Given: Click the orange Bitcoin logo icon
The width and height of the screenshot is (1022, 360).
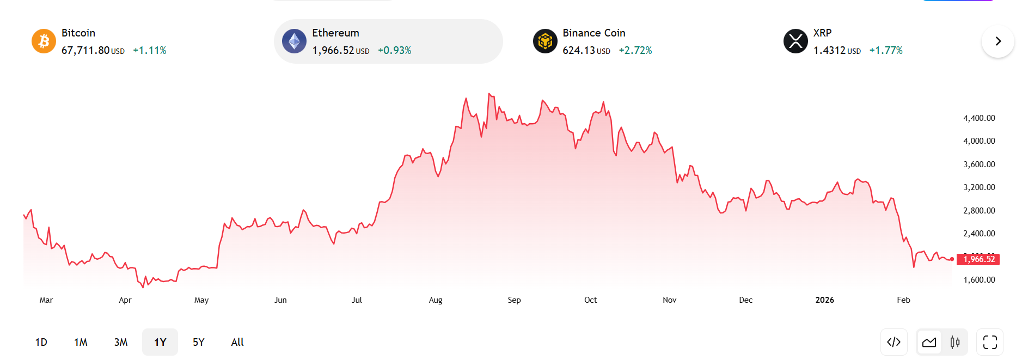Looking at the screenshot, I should coord(44,41).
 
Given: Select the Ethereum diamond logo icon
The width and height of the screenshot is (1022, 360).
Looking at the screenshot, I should coord(294,41).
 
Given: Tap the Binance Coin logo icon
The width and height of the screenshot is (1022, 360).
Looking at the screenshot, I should coord(545,41).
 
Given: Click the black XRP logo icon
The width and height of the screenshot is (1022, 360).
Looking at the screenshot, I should coord(795,41).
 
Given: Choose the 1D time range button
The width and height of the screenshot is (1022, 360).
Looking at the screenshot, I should coord(41,342).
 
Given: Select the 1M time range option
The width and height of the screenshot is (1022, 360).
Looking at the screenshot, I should coord(81,342).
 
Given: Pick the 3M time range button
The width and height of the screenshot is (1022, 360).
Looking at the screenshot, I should coord(121,342).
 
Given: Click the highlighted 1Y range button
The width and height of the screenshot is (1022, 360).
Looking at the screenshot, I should coord(160,342).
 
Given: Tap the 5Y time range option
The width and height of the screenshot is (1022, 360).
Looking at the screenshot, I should coord(199,342).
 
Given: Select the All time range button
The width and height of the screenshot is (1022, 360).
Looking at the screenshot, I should coord(237,342).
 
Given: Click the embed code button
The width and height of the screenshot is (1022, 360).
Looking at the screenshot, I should coord(894,342).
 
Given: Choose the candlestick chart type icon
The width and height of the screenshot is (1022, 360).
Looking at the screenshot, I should coord(955,342).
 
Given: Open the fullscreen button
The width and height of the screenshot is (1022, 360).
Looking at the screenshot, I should coord(990,342).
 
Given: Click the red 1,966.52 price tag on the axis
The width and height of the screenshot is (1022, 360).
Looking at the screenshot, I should coord(979,259).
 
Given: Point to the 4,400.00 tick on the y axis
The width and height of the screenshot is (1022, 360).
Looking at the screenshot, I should coord(979,118).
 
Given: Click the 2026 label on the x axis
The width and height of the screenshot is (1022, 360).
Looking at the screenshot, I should coord(824,300).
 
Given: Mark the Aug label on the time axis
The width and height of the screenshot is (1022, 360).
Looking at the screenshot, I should coord(436,300).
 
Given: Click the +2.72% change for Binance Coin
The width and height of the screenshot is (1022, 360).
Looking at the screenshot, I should coord(635,51).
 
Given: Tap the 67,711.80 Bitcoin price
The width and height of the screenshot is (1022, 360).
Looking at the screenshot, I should coord(85,51).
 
